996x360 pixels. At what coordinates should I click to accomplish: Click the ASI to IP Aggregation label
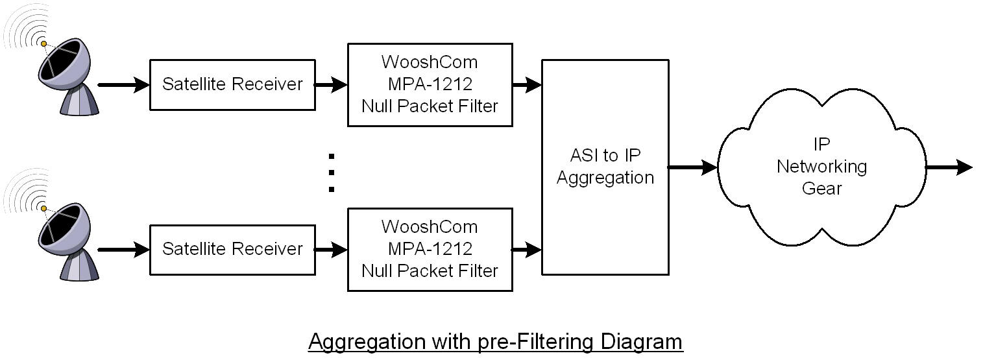pos(605,167)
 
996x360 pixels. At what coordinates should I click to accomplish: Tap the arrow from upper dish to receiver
pos(124,85)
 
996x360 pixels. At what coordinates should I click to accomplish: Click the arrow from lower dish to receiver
pos(124,250)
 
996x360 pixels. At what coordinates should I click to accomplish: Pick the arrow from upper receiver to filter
pos(331,85)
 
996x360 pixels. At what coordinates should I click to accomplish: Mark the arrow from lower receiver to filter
pos(331,250)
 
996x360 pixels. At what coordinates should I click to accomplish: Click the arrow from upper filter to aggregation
pos(528,85)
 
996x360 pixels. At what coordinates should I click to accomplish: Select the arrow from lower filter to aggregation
pos(528,250)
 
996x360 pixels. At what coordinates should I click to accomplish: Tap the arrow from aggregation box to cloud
pos(693,167)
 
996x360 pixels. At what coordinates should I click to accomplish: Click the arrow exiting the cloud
pos(949,167)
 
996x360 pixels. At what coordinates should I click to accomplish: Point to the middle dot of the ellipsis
pos(332,173)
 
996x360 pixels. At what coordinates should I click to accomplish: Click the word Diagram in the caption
pos(641,341)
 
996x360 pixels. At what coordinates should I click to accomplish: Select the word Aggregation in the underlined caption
pos(367,341)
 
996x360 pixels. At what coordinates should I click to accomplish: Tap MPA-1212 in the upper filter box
pos(430,84)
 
